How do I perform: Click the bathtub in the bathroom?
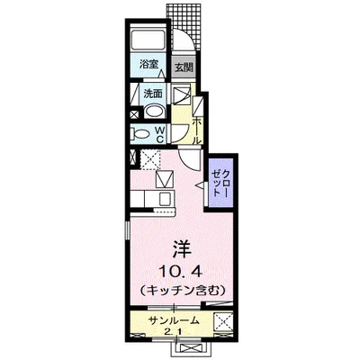(x=147, y=40)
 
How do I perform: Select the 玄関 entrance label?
(x=184, y=67)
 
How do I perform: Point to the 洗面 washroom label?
(x=152, y=92)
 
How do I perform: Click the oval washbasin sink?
(x=154, y=112)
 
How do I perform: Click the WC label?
(x=160, y=134)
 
